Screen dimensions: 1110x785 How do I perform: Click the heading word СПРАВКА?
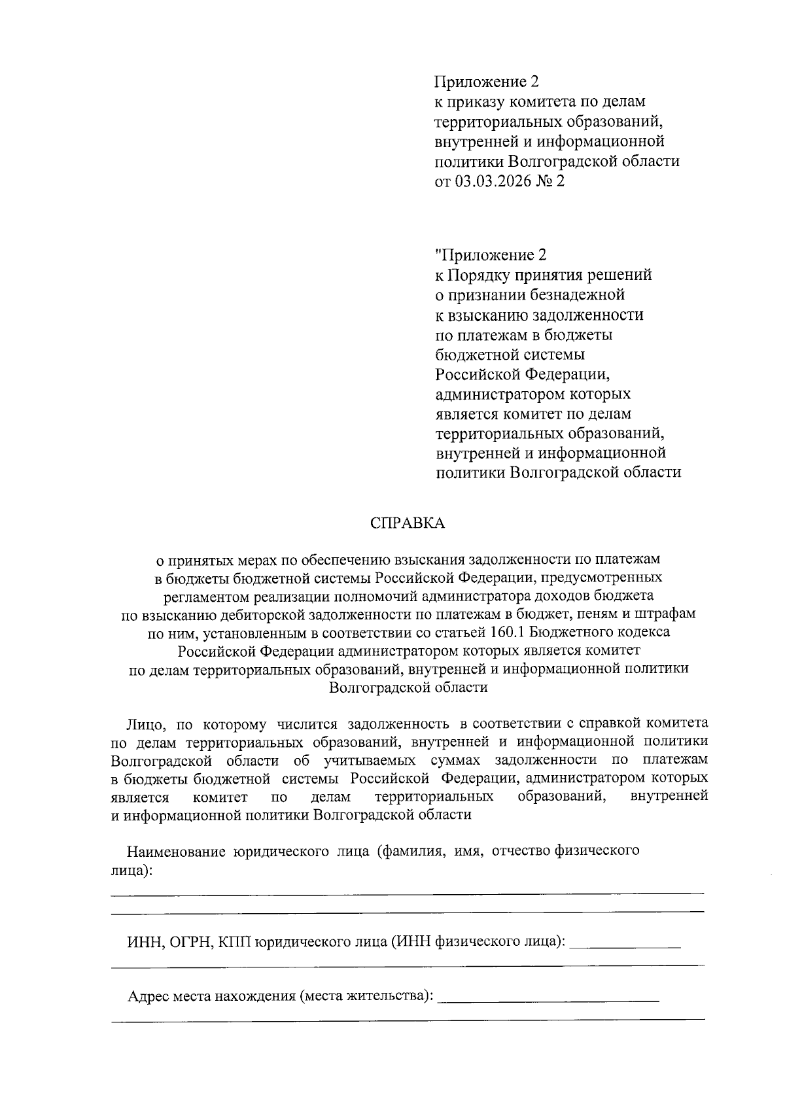(x=407, y=523)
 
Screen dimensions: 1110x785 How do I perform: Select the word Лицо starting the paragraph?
(x=140, y=724)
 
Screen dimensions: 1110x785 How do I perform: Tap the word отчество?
(x=520, y=852)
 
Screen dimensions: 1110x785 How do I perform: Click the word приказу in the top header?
(x=475, y=102)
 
